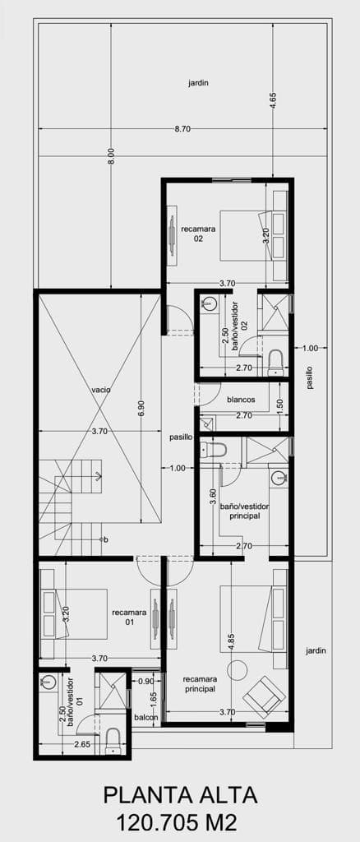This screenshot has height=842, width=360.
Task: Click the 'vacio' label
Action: click(x=101, y=390)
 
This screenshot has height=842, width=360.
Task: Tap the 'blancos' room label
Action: click(x=240, y=400)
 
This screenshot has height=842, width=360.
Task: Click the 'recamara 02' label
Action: click(x=198, y=234)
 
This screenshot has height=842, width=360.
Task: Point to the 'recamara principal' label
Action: click(x=199, y=684)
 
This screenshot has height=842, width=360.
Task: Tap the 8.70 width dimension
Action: click(x=183, y=129)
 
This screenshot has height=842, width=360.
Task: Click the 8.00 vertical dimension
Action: click(x=111, y=155)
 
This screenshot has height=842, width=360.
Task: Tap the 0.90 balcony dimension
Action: click(x=146, y=682)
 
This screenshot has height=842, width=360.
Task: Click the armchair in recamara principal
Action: click(x=264, y=696)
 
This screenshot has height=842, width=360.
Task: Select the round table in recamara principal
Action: click(x=237, y=669)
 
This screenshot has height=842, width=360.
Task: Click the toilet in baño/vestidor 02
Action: click(x=275, y=363)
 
